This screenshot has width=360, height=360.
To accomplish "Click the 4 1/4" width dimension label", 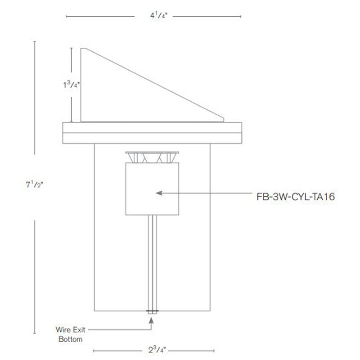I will pos(153,15).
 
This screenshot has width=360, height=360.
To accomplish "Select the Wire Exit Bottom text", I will pos(71,334).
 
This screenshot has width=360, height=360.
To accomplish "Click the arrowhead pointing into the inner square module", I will pos(158,193).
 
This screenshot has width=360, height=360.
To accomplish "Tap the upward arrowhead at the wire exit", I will pos(152,320).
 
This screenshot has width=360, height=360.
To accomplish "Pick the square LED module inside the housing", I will pos(152,189).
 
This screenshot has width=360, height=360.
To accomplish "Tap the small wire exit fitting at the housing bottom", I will pos(152,311).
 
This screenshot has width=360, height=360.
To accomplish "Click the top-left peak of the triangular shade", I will pos(81,49).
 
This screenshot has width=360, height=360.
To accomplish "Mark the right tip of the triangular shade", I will pos(224,120).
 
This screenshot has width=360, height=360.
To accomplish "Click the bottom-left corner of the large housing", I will pos(94,310).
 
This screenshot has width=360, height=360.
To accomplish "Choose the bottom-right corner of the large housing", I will pos(211,310).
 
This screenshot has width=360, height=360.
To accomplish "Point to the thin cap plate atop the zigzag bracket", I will pos(152,152).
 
